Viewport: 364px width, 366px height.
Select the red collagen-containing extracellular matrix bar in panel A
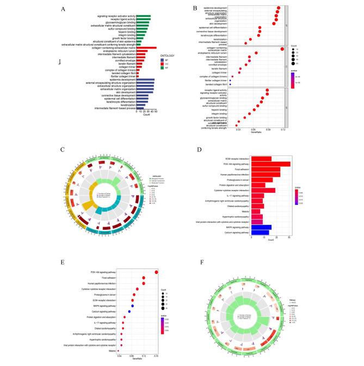pyautogui.click(x=143, y=48)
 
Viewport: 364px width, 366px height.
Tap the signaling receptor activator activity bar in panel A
pyautogui.click(x=143, y=16)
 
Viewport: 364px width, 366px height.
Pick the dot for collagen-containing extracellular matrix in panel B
pyautogui.click(x=282, y=49)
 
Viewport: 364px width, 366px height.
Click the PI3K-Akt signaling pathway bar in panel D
pyautogui.click(x=270, y=163)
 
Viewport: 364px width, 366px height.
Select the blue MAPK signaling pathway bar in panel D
pyautogui.click(x=261, y=227)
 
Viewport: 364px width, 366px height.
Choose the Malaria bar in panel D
pyautogui.click(x=255, y=211)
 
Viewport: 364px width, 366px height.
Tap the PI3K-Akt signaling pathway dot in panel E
pyautogui.click(x=156, y=272)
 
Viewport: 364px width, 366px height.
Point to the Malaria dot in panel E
pyautogui.click(x=119, y=350)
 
